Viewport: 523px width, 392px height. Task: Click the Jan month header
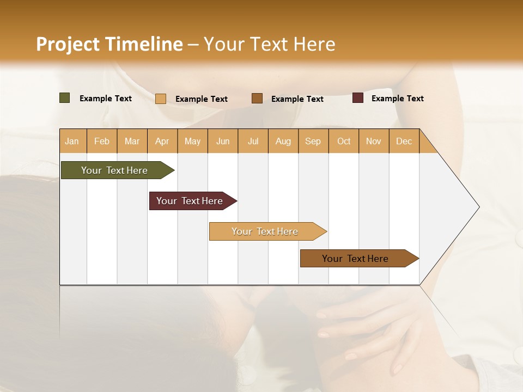(x=72, y=141)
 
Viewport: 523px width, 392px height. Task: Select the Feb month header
(x=102, y=141)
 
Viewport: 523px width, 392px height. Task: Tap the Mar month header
(x=132, y=141)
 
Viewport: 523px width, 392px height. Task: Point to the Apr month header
(x=162, y=141)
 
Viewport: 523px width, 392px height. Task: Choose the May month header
(x=192, y=141)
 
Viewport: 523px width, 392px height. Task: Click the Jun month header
(x=223, y=141)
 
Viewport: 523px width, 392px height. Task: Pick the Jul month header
(x=253, y=141)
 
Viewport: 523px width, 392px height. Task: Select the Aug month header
(x=283, y=141)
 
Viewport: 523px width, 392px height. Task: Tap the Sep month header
(x=313, y=141)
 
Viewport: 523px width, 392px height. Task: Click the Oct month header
(x=344, y=141)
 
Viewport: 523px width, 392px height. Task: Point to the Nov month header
(x=374, y=141)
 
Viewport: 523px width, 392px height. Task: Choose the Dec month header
(x=404, y=141)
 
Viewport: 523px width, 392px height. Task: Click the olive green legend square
(x=65, y=98)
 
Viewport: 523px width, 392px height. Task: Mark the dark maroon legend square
(x=358, y=98)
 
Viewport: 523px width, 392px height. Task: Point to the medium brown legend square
(x=257, y=98)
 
